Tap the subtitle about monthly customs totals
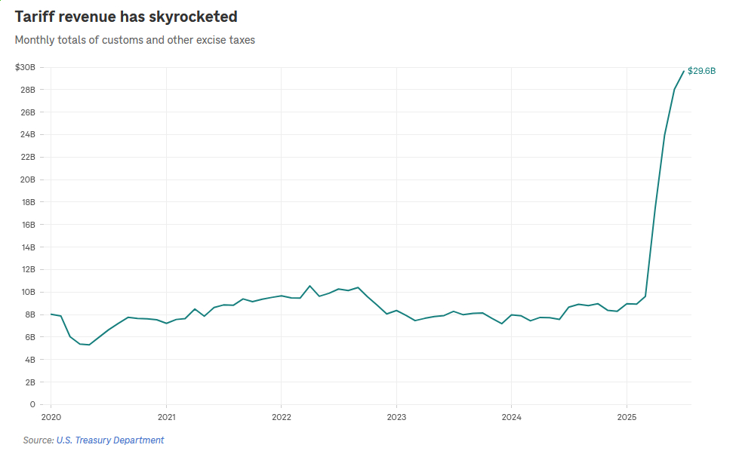click(135, 40)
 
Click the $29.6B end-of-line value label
click(701, 71)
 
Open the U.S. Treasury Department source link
click(110, 440)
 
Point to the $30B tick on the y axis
click(25, 68)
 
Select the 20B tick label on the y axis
click(27, 180)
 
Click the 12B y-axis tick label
click(27, 270)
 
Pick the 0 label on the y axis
click(32, 405)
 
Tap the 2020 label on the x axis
click(51, 417)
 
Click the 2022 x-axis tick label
click(282, 417)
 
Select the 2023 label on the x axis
click(396, 417)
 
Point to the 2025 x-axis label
click(627, 417)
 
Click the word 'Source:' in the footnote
click(38, 440)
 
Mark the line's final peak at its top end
click(684, 71)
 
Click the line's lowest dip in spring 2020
click(89, 345)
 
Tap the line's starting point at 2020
click(51, 314)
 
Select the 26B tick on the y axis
click(27, 112)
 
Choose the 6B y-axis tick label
click(29, 337)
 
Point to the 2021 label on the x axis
click(166, 417)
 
